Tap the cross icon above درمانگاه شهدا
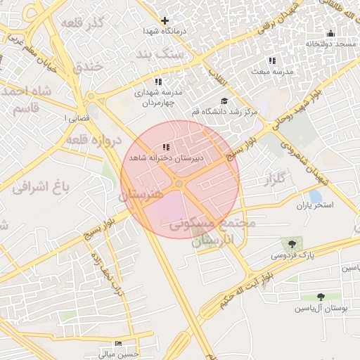tap(165, 20)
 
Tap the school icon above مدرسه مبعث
tap(272, 60)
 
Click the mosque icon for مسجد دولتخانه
tap(330, 33)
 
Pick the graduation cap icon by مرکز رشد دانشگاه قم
tap(224, 101)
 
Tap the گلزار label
tap(271, 181)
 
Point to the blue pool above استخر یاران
tap(316, 195)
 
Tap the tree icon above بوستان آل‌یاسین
tap(321, 297)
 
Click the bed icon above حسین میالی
tap(118, 342)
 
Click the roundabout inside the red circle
tap(180, 184)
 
